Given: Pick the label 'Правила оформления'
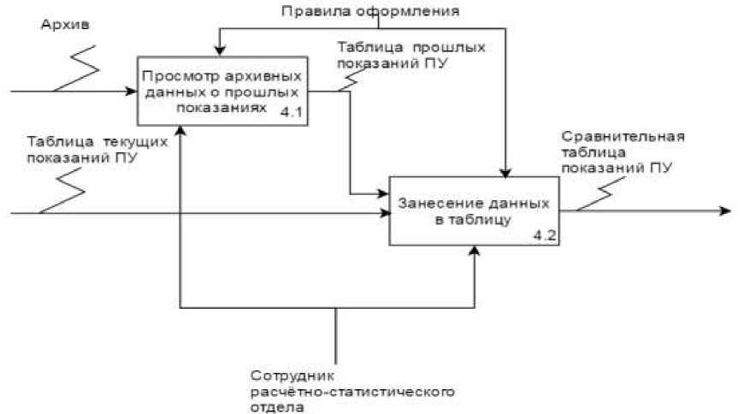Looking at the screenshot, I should click(372, 11).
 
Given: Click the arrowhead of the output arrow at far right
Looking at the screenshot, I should click(724, 210).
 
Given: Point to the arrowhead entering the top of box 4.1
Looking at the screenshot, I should click(220, 54).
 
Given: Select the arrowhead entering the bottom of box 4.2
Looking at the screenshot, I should click(475, 251).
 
